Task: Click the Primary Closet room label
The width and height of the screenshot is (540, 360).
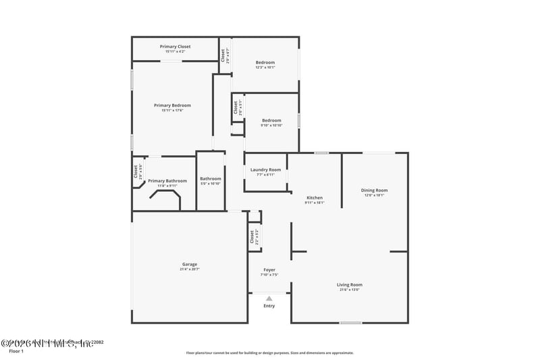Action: tap(175, 47)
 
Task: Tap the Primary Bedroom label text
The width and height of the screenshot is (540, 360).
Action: tap(172, 105)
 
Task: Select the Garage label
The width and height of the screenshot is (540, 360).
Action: tap(190, 264)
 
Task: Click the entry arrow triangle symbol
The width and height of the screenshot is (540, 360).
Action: tap(269, 298)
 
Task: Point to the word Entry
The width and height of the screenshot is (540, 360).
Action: tap(269, 306)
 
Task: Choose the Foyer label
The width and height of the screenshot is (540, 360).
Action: tap(269, 270)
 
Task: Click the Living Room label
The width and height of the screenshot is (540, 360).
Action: tap(350, 284)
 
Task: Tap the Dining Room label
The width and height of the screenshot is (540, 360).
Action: tap(374, 190)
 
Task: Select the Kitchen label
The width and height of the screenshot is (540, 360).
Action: tap(315, 197)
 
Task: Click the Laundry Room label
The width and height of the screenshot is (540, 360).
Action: tap(265, 170)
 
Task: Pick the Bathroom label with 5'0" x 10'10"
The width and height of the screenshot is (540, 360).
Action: tap(211, 179)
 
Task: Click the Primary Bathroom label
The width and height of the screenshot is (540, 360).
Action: tap(167, 180)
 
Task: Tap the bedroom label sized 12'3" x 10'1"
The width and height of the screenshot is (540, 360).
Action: tap(265, 62)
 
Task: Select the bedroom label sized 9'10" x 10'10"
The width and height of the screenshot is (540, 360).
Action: tap(271, 120)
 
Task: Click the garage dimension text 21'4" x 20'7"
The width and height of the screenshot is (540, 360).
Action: tap(190, 269)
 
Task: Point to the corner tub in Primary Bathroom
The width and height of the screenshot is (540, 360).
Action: tap(165, 200)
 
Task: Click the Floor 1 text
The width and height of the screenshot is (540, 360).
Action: tap(16, 351)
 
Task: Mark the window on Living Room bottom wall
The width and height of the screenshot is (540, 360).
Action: tap(350, 323)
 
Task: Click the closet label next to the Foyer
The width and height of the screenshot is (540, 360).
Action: tap(252, 238)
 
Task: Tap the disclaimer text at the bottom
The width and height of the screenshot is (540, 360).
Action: tap(269, 353)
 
